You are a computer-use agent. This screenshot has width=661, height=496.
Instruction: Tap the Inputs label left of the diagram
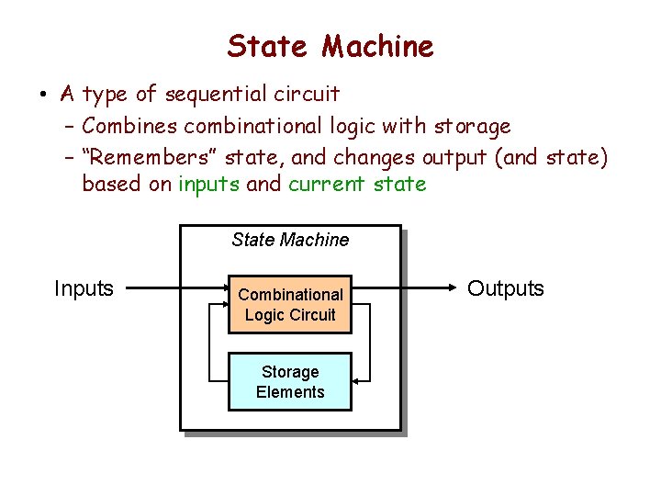click(x=84, y=288)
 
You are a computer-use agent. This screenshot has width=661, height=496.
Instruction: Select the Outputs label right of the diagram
click(x=506, y=288)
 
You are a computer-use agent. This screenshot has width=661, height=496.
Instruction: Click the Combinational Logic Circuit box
click(x=290, y=305)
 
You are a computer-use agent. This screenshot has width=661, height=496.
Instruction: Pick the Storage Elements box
click(x=290, y=382)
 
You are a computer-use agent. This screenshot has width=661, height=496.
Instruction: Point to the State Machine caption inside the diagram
click(x=290, y=240)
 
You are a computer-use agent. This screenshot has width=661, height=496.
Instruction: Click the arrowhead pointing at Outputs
click(x=453, y=288)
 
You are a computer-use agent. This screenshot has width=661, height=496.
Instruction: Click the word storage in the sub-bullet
click(x=472, y=125)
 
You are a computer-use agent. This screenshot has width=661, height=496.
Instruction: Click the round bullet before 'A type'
click(x=43, y=95)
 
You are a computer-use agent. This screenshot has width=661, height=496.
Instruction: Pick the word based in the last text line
click(x=113, y=184)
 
